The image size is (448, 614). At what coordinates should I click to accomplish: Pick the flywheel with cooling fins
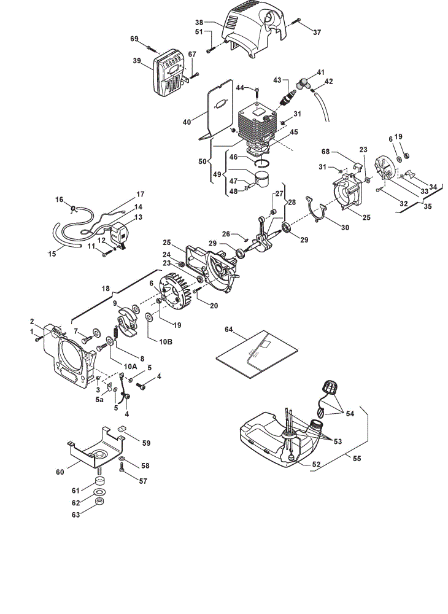(176, 290)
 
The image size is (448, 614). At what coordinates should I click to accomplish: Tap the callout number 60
(60, 472)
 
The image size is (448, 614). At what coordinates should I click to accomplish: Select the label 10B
(166, 341)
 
